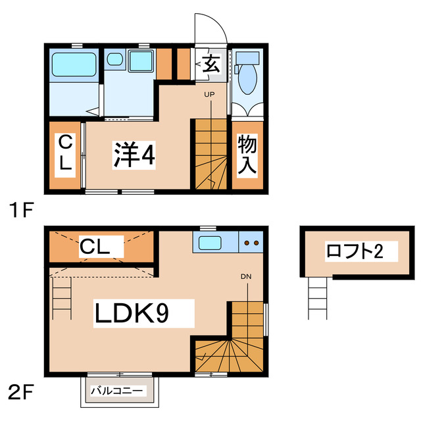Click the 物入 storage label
pyautogui.click(x=247, y=155)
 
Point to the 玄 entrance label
pyautogui.click(x=210, y=64)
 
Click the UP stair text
pyautogui.click(x=209, y=95)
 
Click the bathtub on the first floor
pyautogui.click(x=74, y=64)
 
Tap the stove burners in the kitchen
pyautogui.click(x=251, y=243)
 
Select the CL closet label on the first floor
pyautogui.click(x=64, y=153)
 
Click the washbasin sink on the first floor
pyautogui.click(x=115, y=61)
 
